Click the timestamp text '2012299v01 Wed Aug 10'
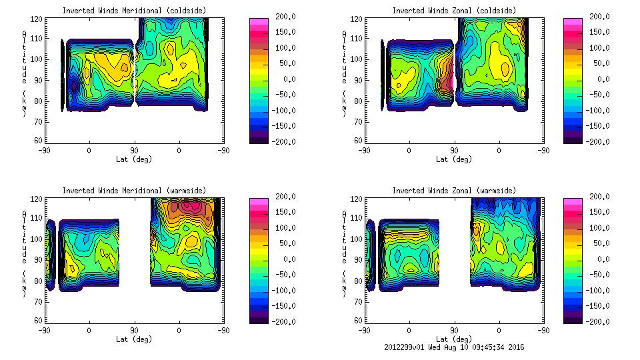427,347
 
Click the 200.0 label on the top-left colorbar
283,17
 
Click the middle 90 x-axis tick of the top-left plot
134,150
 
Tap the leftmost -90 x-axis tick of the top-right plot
364,150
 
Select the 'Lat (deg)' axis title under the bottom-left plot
133,339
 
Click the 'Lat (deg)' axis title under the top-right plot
454,159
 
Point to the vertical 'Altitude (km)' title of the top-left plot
24,73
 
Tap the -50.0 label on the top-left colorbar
283,95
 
